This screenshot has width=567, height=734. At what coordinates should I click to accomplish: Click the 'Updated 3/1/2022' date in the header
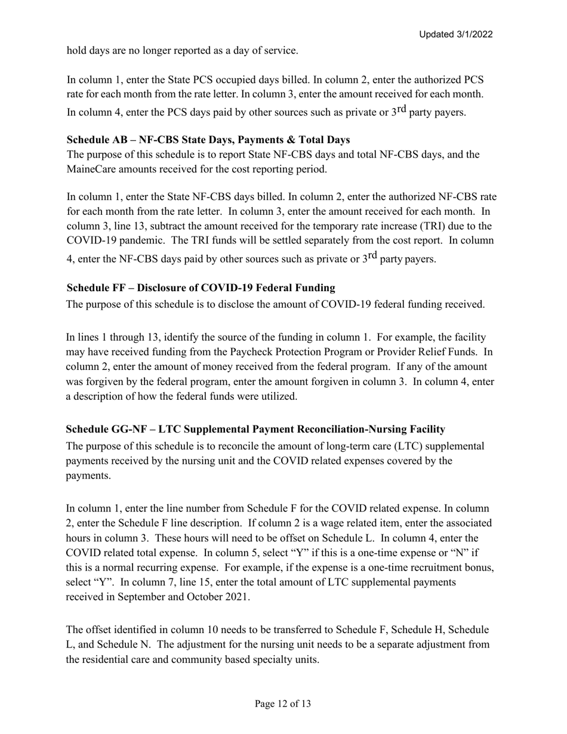(x=455, y=35)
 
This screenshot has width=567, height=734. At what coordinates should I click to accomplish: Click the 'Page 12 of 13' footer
(x=283, y=704)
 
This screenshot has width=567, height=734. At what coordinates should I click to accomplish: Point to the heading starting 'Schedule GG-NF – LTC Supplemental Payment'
(x=255, y=429)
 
